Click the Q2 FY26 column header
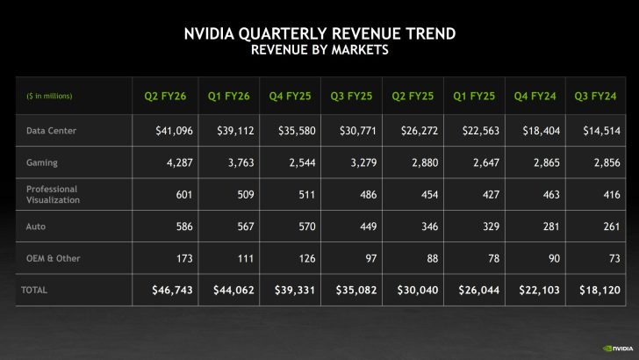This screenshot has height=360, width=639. click(163, 96)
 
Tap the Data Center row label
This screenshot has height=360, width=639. click(51, 131)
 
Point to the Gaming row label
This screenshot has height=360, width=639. click(41, 162)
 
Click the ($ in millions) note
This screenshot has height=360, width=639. click(49, 96)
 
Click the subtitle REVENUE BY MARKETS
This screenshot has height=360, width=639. click(319, 50)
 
